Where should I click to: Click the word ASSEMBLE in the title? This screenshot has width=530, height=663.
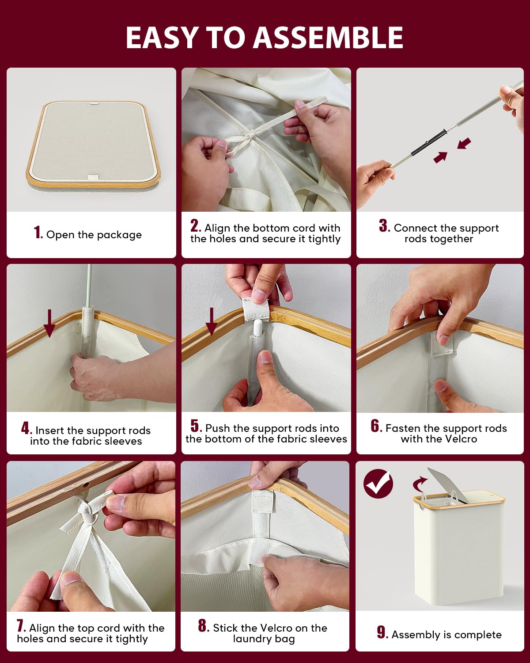(x=328, y=37)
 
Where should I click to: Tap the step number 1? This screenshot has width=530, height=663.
(x=38, y=232)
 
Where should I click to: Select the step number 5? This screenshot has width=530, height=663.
(x=196, y=427)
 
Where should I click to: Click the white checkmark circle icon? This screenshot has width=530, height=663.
(x=378, y=484)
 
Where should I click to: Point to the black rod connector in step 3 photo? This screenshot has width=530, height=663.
(x=428, y=142)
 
